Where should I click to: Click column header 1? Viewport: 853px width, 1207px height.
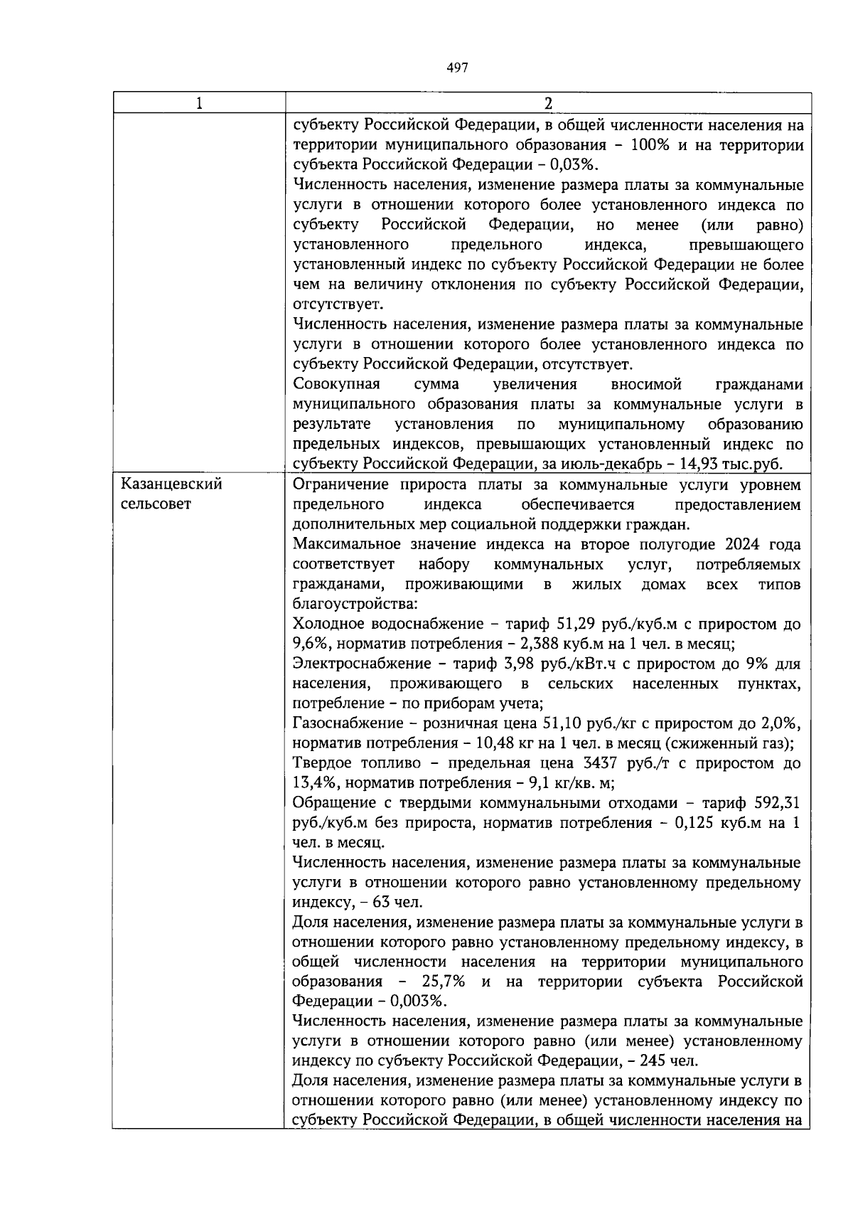pos(199,103)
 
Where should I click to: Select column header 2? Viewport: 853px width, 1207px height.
pos(547,103)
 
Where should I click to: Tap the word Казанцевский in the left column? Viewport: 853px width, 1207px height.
pos(172,485)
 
